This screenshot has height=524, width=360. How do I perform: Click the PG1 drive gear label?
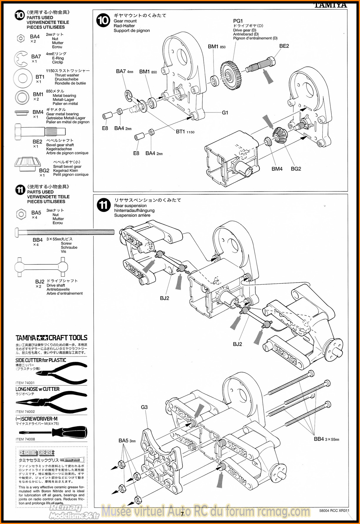click(x=238, y=21)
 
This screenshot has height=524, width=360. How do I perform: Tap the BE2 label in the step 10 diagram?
click(x=284, y=46)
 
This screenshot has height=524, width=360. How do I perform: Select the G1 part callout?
click(x=225, y=112)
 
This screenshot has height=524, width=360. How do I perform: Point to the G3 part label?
click(x=144, y=407)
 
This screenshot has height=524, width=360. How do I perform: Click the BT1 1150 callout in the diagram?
click(x=185, y=132)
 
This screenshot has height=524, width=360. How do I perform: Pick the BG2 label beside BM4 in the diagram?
click(x=296, y=169)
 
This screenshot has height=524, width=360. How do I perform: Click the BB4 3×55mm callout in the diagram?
click(x=326, y=439)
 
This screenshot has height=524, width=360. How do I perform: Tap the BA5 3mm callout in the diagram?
click(x=127, y=440)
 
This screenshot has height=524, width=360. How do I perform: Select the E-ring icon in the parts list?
click(x=21, y=59)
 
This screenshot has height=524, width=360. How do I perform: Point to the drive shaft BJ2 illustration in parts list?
click(x=41, y=267)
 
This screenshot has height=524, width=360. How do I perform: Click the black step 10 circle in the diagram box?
click(x=103, y=20)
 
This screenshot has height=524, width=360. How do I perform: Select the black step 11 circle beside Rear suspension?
click(x=104, y=205)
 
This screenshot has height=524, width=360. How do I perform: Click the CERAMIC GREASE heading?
click(x=37, y=453)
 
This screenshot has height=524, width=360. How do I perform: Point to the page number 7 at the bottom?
click(x=182, y=514)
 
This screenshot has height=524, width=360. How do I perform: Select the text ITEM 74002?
click(x=25, y=412)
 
